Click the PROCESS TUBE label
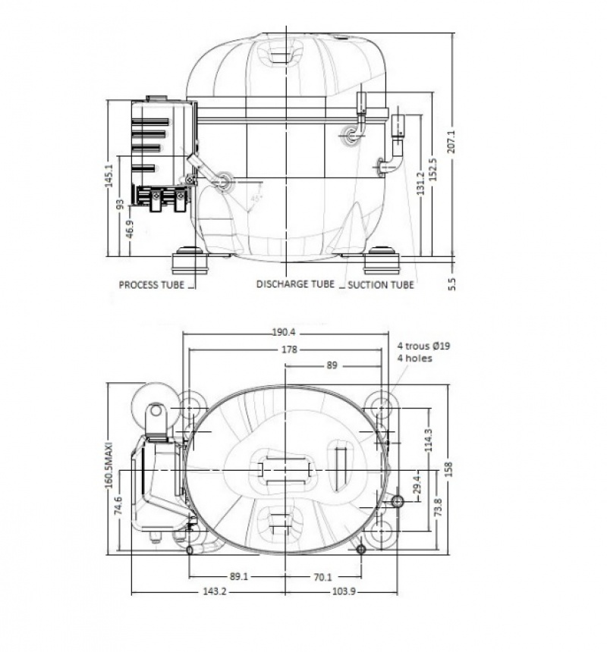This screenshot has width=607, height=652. point(152,285)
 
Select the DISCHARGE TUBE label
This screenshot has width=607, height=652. point(295,284)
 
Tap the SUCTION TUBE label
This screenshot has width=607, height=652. point(381,285)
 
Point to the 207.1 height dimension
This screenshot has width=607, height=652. point(451,142)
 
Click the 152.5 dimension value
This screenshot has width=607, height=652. point(432,169)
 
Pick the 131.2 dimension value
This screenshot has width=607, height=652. point(420,183)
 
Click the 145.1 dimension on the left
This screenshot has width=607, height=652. point(109,175)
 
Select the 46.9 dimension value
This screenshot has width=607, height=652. point(130,230)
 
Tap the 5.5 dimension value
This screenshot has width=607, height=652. point(452,284)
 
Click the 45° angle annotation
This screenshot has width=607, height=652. point(256,199)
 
